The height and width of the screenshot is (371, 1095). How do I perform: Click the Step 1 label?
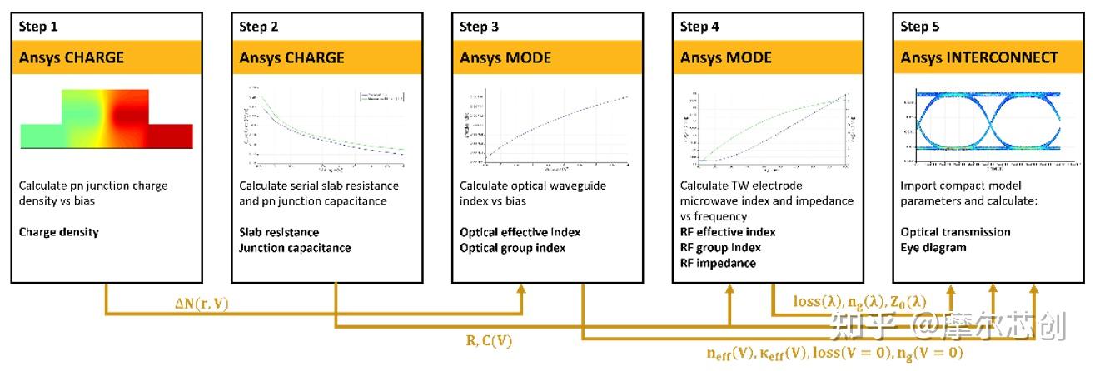(37, 27)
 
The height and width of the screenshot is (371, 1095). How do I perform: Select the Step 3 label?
(479, 27)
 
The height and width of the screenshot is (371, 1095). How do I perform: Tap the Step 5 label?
(919, 27)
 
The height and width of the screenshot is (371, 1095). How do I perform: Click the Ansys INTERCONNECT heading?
(979, 57)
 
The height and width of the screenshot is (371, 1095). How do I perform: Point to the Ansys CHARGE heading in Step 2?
(291, 57)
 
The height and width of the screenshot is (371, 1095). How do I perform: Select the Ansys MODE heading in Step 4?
(725, 57)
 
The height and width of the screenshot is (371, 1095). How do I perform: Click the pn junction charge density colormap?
(107, 120)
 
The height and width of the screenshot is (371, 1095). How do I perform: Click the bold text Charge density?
(58, 232)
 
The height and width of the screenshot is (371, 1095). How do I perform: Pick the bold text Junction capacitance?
(295, 248)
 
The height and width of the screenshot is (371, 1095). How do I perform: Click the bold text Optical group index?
(512, 248)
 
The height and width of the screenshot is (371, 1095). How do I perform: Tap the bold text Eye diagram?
(933, 248)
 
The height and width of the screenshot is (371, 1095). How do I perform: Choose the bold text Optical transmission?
(955, 232)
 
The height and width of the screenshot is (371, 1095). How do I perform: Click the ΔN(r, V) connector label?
(201, 304)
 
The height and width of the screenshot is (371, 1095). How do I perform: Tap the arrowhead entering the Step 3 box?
(522, 289)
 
